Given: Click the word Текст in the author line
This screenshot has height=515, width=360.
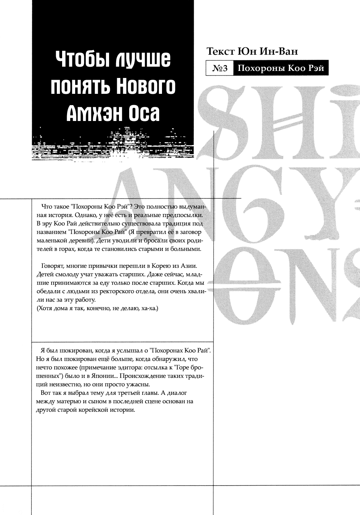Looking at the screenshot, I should click(220, 51).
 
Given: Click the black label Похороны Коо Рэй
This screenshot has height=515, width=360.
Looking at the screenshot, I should click(281, 68).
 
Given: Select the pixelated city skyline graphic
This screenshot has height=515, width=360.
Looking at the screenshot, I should click(113, 145).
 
